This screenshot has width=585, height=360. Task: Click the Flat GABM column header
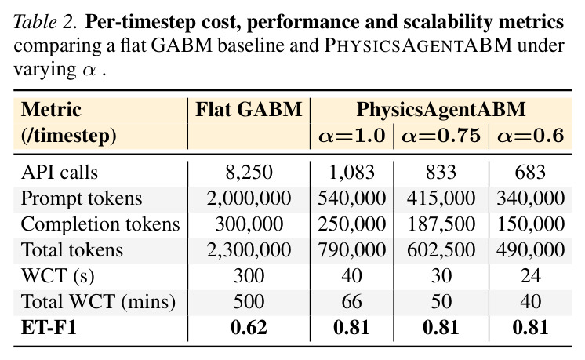pos(249,110)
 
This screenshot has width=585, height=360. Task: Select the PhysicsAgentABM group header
pos(441,110)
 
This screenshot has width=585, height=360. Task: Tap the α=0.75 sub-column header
pos(441,135)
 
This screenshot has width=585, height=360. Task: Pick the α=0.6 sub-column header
pos(531,135)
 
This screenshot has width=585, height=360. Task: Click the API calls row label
pos(60,173)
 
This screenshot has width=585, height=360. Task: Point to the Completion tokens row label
pos(100,224)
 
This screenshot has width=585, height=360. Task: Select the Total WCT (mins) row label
pos(98,301)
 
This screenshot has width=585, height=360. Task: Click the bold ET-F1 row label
pos(49,328)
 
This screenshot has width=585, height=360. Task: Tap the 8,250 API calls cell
pos(249,173)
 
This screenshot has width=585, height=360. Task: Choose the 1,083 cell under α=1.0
pos(351,173)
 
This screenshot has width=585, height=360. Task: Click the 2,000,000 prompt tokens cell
pos(249,198)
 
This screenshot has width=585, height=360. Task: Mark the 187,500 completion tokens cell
pos(441,224)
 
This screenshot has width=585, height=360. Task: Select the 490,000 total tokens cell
pos(531,250)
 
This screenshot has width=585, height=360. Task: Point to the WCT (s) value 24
pos(531,276)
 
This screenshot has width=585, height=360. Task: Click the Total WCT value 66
pos(351,301)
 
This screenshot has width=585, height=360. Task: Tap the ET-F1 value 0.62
pos(249,328)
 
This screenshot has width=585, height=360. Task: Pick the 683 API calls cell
pos(531,173)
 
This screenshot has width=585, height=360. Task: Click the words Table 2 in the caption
pos(45,22)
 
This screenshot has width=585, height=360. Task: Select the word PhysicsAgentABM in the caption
pos(418,45)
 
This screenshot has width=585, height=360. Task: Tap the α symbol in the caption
pos(89,71)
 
